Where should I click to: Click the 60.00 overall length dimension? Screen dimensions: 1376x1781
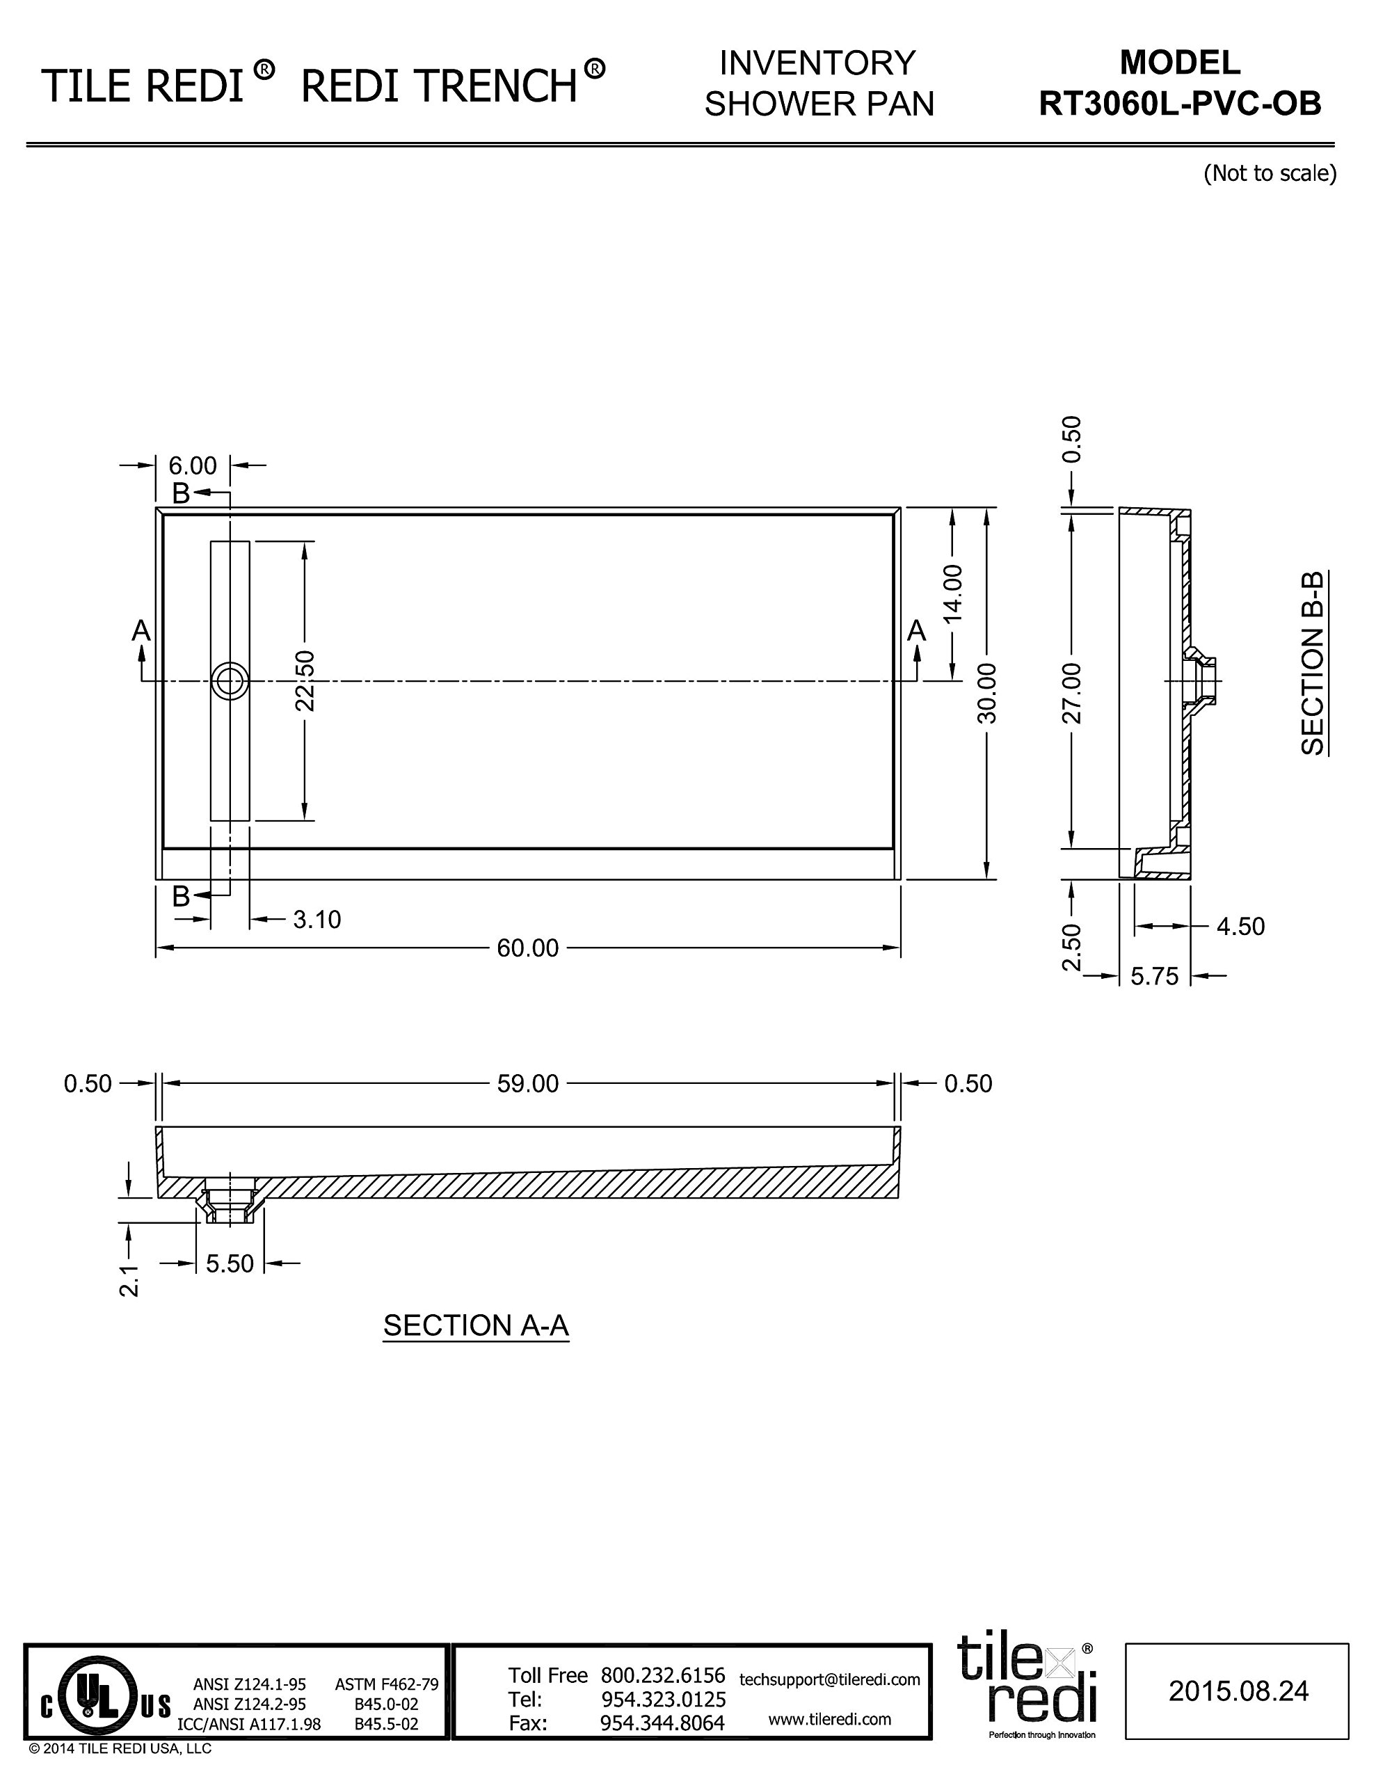coord(528,948)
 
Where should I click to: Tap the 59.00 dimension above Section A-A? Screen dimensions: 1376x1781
coord(528,1083)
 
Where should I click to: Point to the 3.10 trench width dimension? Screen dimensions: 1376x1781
coord(317,919)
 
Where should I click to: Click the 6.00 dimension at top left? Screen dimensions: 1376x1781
coord(193,465)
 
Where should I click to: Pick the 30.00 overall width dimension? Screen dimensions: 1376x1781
coord(987,693)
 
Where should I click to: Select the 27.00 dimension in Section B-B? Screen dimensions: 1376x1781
coord(1072,693)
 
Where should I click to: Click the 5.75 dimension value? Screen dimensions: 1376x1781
coord(1154,975)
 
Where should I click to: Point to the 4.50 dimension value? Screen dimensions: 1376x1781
coord(1240,927)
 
